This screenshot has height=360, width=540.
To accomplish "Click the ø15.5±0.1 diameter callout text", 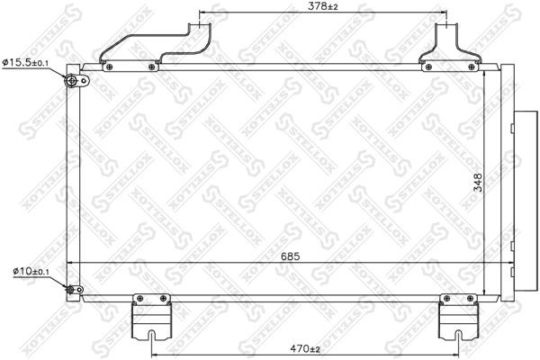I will [x=28, y=62].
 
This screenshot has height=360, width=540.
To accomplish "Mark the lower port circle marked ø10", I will [x=70, y=289].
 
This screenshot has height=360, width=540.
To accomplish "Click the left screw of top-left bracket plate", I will [x=109, y=66].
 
